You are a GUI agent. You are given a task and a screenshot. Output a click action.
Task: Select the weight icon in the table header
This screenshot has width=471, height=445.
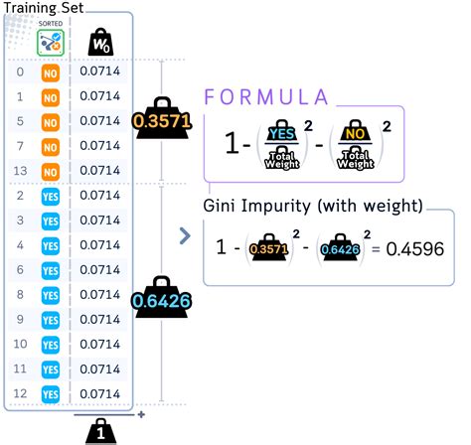(x=99, y=43)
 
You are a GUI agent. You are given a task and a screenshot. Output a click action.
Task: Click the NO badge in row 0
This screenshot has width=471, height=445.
(x=50, y=74)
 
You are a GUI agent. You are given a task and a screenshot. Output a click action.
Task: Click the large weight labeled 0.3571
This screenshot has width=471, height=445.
(x=160, y=120)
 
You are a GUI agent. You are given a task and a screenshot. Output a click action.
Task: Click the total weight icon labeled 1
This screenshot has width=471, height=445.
(x=101, y=429)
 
